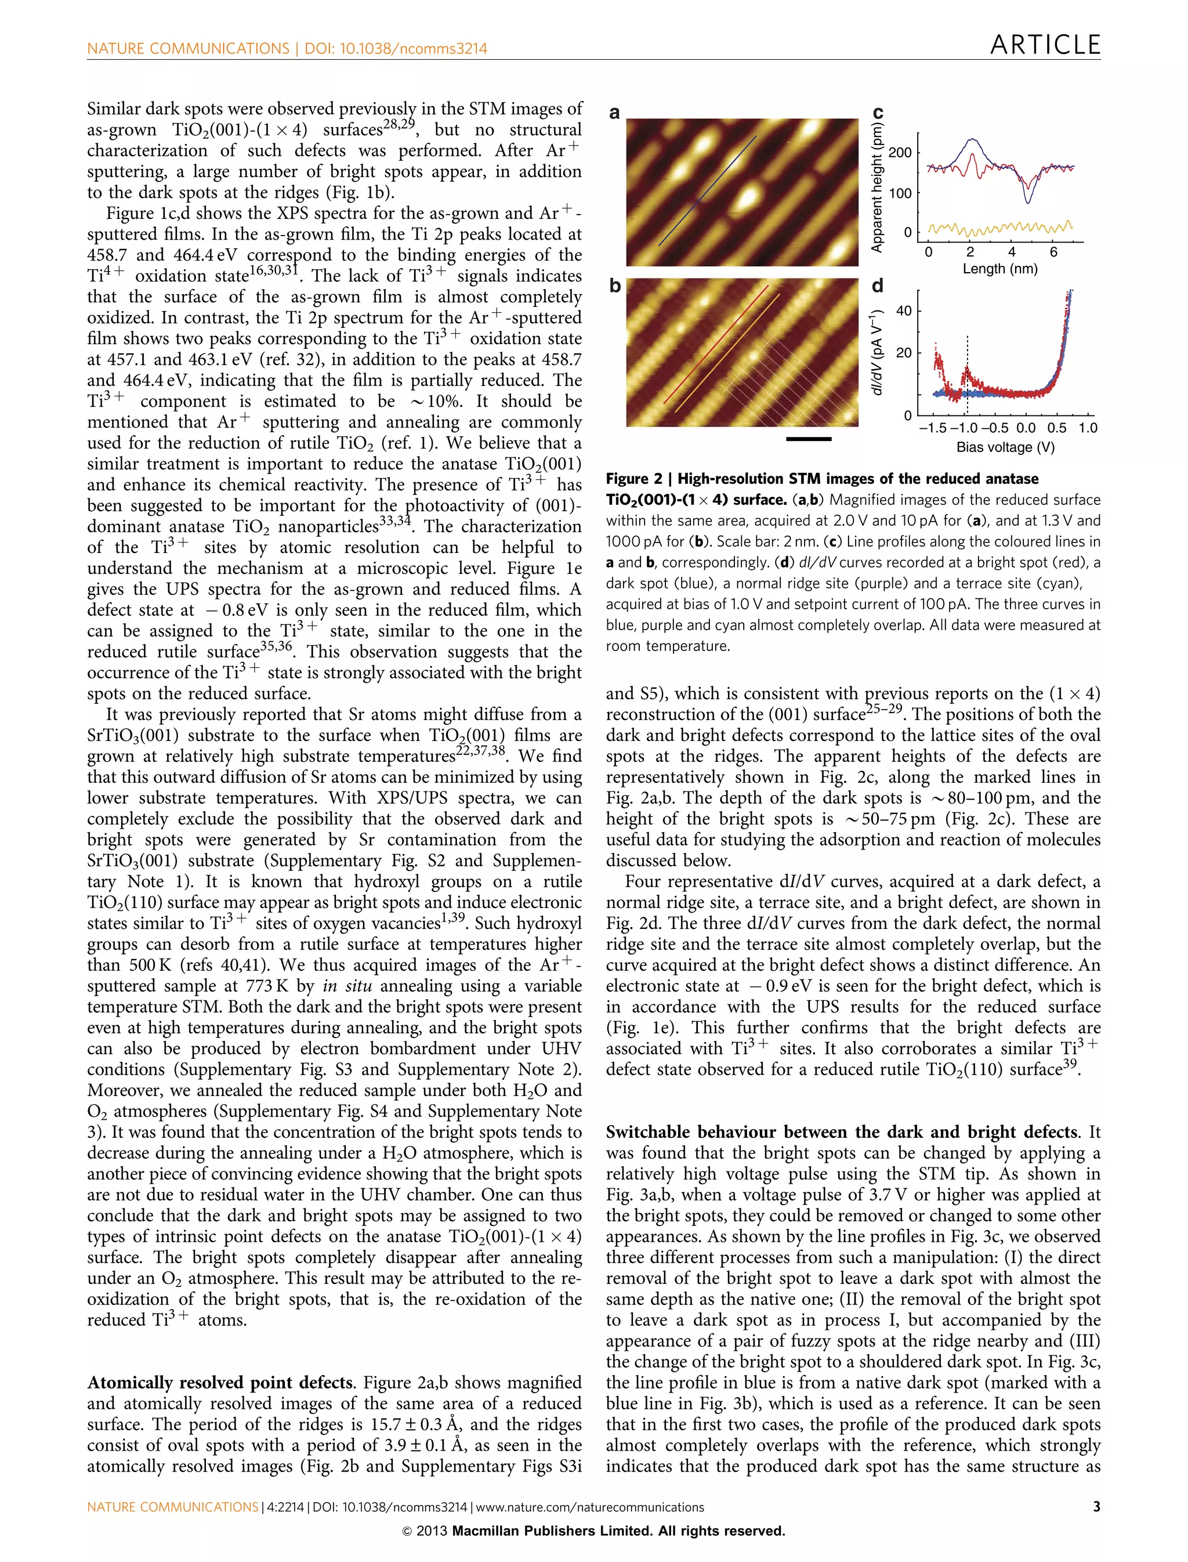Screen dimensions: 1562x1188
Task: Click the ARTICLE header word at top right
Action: coord(1045,45)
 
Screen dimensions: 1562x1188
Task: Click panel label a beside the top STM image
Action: coord(614,113)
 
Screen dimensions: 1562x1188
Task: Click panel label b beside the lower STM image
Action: coord(614,286)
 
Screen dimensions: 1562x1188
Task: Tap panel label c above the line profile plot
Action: coord(878,113)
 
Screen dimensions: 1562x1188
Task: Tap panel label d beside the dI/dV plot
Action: coord(878,286)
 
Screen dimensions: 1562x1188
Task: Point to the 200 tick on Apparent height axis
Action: coord(900,153)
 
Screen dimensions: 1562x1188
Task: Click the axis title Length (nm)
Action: coord(1000,269)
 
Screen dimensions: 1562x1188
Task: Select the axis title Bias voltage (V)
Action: coord(1005,447)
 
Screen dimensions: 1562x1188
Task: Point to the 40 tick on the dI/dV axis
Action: coord(904,310)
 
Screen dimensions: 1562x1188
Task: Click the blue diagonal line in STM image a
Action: coord(707,191)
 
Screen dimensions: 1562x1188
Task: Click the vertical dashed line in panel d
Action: coord(966,375)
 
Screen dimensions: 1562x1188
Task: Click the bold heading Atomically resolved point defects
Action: coord(220,1383)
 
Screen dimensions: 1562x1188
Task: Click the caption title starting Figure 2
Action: coord(822,479)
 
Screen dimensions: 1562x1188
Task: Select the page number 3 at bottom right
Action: coord(1096,1507)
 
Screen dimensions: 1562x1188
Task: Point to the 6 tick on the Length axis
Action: coord(1053,252)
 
